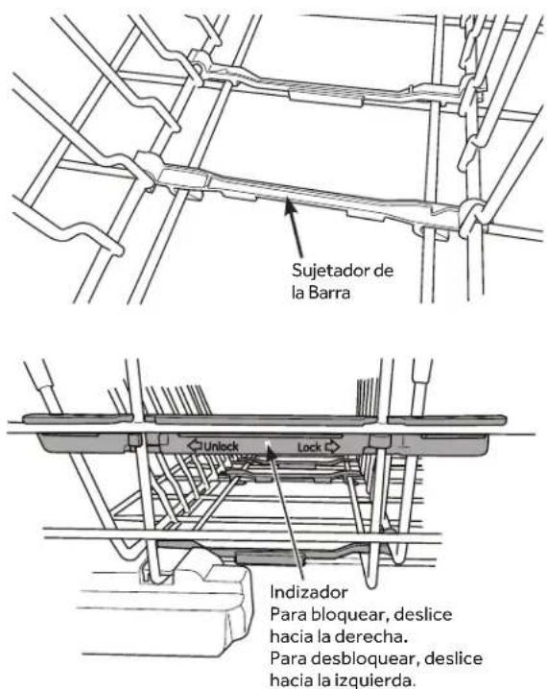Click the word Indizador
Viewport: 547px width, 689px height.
tap(308, 593)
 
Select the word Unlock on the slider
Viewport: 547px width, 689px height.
tap(221, 447)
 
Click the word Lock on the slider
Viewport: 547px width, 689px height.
tap(310, 448)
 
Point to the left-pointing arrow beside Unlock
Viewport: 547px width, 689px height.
tap(195, 446)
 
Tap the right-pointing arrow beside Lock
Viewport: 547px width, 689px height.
tap(333, 448)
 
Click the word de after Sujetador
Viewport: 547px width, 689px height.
tap(384, 272)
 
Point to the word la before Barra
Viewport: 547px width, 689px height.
tap(297, 293)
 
